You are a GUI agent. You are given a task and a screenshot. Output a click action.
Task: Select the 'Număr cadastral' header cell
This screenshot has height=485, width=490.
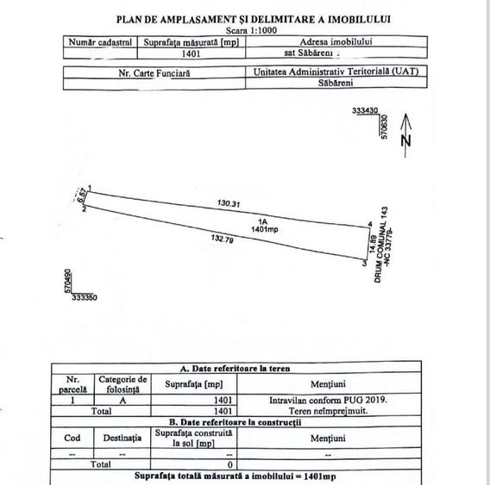tap(99, 40)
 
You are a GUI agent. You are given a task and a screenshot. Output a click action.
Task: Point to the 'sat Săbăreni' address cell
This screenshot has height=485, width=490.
tap(337, 52)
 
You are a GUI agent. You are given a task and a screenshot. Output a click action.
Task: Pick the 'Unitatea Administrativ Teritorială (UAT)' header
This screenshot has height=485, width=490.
tap(337, 74)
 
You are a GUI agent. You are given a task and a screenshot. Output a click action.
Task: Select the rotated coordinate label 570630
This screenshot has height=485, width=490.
tap(386, 126)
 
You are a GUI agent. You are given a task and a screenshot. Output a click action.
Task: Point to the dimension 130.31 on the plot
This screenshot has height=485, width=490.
tap(229, 203)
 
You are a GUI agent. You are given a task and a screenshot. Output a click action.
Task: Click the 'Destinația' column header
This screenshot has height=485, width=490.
tap(122, 438)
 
